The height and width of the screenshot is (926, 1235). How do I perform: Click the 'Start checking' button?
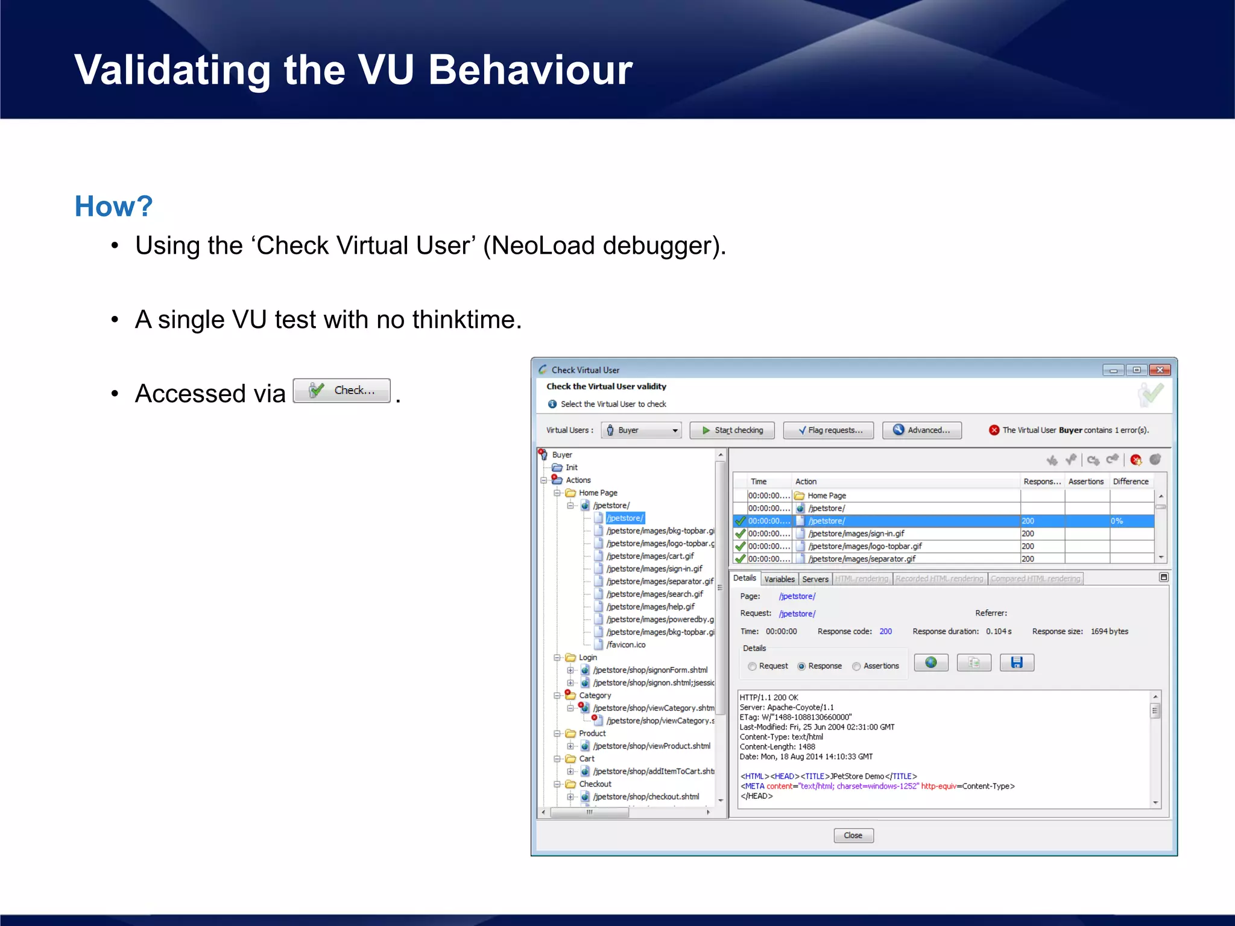(x=732, y=430)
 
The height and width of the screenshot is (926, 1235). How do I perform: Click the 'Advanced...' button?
(x=921, y=430)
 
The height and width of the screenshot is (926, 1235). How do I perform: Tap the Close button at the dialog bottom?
(x=853, y=835)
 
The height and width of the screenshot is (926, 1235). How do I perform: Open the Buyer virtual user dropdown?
(x=641, y=430)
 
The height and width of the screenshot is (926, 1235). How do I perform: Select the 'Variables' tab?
(x=779, y=579)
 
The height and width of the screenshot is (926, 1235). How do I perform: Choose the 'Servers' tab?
(x=815, y=579)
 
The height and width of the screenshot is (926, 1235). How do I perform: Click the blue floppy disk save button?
(x=1017, y=663)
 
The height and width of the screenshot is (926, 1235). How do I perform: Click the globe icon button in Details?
(x=931, y=663)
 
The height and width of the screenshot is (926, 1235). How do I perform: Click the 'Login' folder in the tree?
(x=587, y=657)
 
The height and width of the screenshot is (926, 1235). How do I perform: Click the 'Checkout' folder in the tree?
(x=595, y=784)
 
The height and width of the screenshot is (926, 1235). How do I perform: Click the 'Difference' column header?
(x=1131, y=481)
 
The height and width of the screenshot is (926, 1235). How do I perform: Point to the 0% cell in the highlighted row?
(x=1117, y=521)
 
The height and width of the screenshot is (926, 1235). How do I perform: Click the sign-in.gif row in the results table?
(x=856, y=534)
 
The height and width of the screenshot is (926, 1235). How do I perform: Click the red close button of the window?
(x=1159, y=370)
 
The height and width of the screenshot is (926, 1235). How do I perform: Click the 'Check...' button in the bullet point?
(x=342, y=391)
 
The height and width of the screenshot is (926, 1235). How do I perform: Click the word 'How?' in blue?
(x=113, y=206)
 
